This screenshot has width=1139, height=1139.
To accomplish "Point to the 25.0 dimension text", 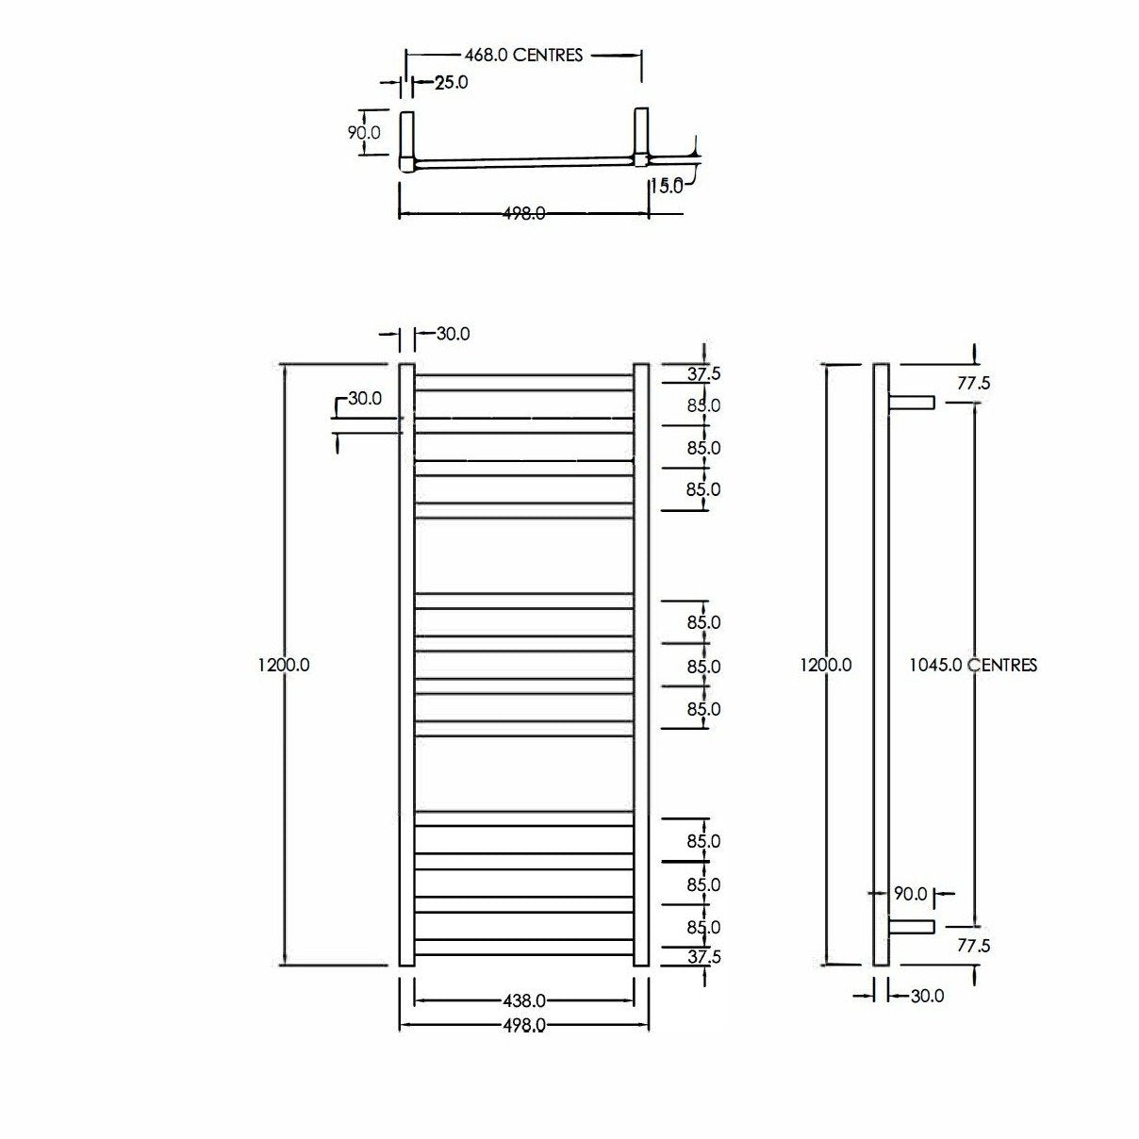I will click(451, 83).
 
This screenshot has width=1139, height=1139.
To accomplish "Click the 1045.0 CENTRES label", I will click(973, 666).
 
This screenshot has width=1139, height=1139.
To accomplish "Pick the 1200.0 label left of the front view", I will click(283, 665).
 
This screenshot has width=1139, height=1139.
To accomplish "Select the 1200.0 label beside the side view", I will click(826, 665).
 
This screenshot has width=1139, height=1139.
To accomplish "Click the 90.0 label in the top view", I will click(364, 133).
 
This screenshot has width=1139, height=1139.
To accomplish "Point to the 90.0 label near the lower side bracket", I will click(910, 893).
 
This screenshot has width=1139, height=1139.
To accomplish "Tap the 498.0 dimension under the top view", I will click(523, 214).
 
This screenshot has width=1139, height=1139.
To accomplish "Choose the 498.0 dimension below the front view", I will click(523, 1026).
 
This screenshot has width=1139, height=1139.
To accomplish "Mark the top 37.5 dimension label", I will click(703, 374).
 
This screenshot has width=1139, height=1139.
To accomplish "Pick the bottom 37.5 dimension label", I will click(703, 957).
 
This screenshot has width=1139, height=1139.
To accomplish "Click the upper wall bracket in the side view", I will click(911, 403).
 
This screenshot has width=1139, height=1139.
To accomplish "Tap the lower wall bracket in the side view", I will click(911, 927).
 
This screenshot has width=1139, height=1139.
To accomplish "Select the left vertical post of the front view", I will click(407, 665).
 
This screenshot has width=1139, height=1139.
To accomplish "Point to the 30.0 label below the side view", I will click(926, 996).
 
